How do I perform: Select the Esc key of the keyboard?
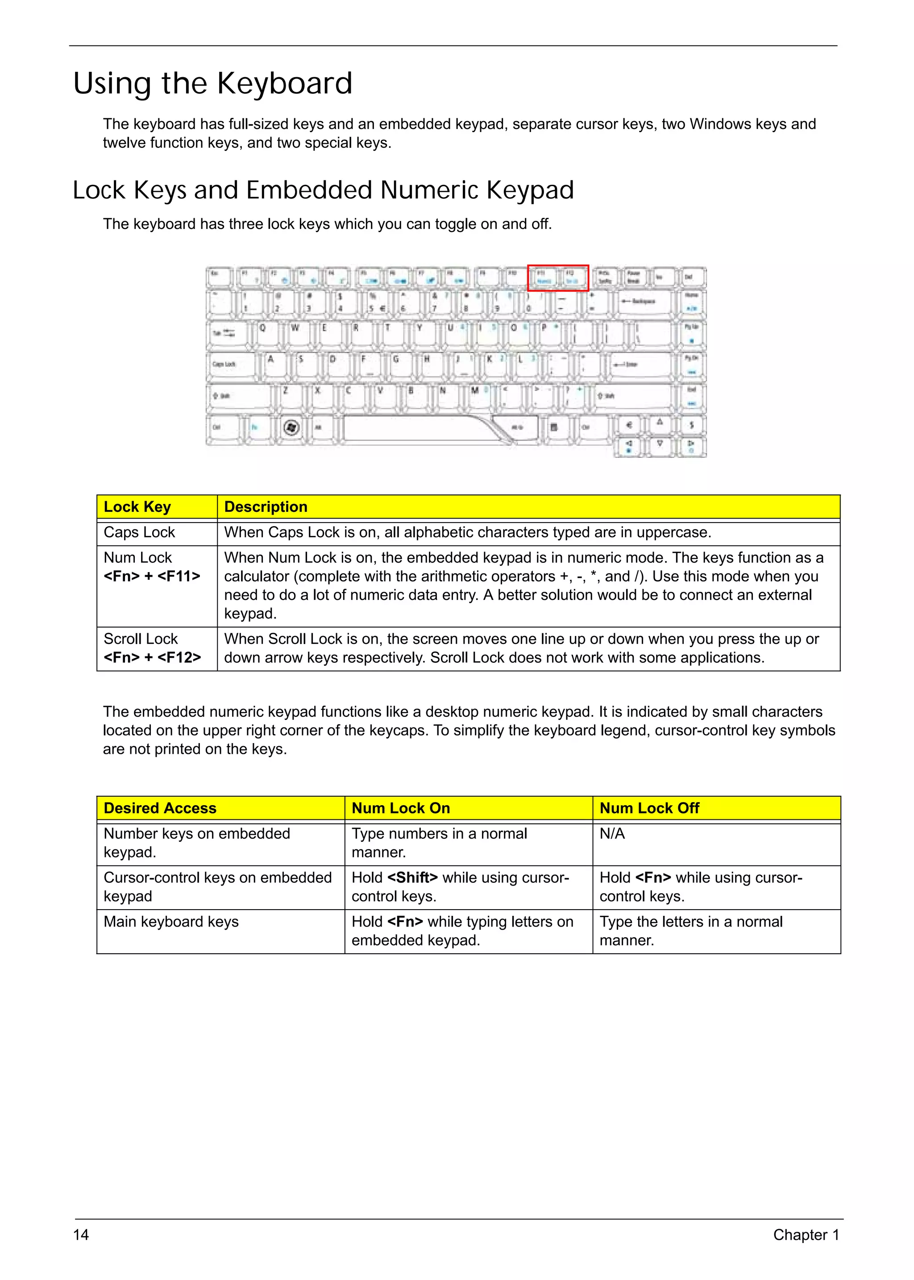[219, 276]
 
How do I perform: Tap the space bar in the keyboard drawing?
[416, 428]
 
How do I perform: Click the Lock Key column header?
[137, 507]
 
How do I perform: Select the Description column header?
[266, 507]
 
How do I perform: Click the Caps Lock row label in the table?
[139, 532]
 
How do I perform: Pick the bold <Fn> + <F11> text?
[152, 576]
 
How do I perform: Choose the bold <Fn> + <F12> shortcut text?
[152, 657]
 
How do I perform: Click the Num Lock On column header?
[401, 808]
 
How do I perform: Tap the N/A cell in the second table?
[612, 834]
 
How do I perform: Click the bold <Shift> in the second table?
[412, 877]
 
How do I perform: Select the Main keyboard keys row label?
[171, 922]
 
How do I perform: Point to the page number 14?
[81, 1234]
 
